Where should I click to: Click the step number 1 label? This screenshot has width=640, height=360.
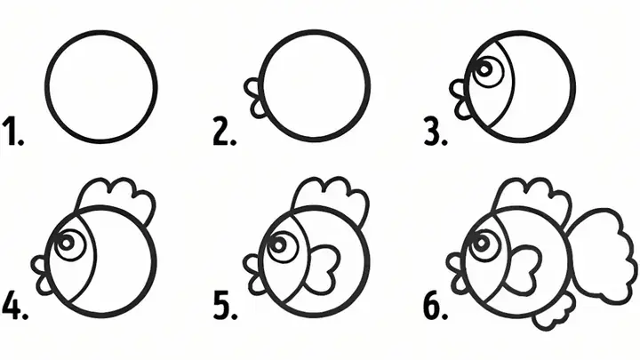pos(13,131)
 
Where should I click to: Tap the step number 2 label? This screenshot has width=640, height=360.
pos(225,131)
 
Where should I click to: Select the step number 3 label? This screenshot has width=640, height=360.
pos(436,131)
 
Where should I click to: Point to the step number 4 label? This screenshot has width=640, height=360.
pos(15,305)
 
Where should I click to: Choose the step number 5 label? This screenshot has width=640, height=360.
pos(225,305)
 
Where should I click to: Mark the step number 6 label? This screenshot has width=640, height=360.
pos(436,305)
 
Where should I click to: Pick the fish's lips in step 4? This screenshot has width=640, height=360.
pos(41,276)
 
